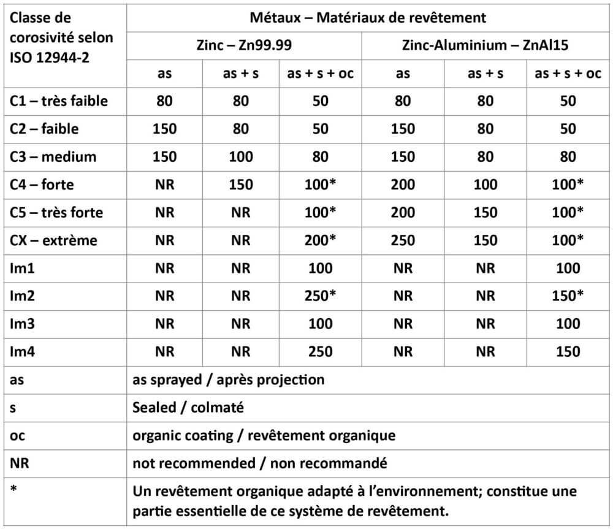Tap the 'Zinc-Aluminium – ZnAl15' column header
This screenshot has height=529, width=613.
pos(485,45)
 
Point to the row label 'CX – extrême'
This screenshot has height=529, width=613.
pos(54,240)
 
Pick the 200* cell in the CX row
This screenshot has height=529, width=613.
pos(321,240)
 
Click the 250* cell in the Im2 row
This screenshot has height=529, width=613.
pos(321,295)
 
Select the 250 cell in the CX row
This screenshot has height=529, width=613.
pos(403,240)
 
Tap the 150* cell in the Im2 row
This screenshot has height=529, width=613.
pos(568,295)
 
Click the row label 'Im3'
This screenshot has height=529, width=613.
pos(23,324)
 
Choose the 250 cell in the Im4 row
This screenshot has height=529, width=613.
pos(321,351)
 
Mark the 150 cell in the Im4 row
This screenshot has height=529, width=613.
pos(568,351)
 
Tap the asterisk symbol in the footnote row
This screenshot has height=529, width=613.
pos(14,489)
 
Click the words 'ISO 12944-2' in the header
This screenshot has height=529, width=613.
pos(49,59)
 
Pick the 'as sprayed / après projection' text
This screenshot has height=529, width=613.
pos(228,379)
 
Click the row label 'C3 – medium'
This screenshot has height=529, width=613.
pos(53,156)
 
